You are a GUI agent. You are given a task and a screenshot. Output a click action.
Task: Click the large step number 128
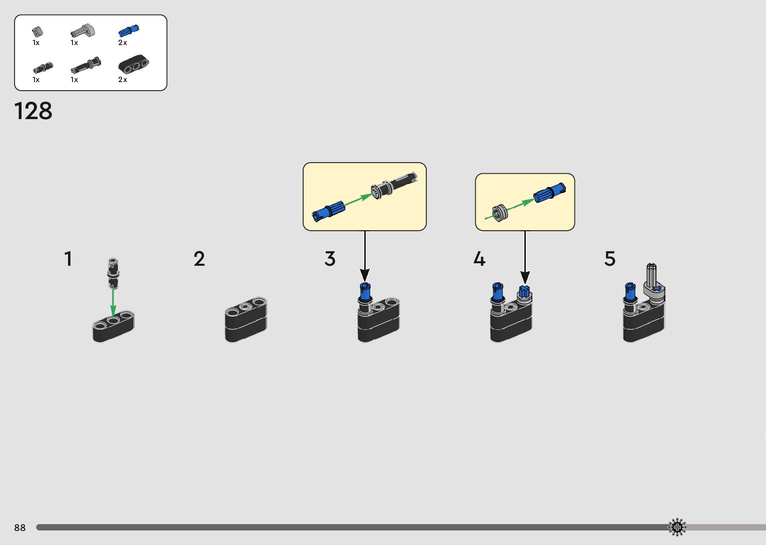(33, 111)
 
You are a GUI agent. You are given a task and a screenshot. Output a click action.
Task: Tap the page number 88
(20, 528)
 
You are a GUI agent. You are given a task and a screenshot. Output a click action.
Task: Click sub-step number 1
(68, 259)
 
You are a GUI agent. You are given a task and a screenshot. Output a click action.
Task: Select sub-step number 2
(199, 259)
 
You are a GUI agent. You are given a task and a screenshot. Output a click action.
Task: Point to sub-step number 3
(330, 259)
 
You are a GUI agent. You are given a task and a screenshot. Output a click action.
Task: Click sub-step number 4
(479, 259)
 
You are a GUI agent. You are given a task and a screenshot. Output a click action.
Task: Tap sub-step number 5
(609, 259)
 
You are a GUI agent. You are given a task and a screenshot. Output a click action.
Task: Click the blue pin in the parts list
(129, 31)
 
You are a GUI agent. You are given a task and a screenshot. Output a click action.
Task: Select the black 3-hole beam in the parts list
(133, 65)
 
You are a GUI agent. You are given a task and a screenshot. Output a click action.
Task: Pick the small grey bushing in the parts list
(37, 32)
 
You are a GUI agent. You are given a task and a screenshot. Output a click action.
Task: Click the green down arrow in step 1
(113, 303)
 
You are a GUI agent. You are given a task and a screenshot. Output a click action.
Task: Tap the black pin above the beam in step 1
(114, 273)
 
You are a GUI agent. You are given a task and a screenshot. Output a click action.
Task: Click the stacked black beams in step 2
(246, 319)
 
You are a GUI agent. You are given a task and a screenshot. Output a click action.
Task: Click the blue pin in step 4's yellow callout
(549, 193)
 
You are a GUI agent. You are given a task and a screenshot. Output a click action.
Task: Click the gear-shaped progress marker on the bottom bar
(677, 527)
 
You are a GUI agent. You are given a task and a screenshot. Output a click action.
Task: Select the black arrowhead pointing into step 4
(525, 277)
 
